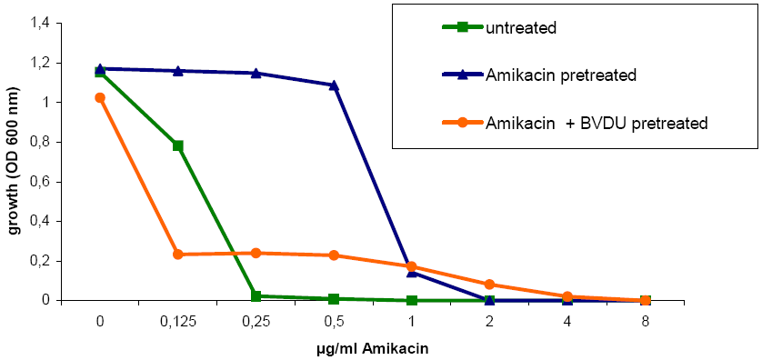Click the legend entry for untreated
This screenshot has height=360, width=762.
(x=521, y=26)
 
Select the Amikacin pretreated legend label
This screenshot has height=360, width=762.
(x=561, y=75)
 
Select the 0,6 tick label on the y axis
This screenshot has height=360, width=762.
(x=43, y=182)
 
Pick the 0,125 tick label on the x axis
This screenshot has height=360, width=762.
(x=177, y=321)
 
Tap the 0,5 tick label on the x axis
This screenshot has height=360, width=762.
(x=334, y=321)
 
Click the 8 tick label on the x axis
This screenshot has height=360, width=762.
(x=646, y=321)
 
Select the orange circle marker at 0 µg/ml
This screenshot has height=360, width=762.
(x=100, y=97)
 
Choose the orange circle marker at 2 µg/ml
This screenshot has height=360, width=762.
(x=489, y=285)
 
